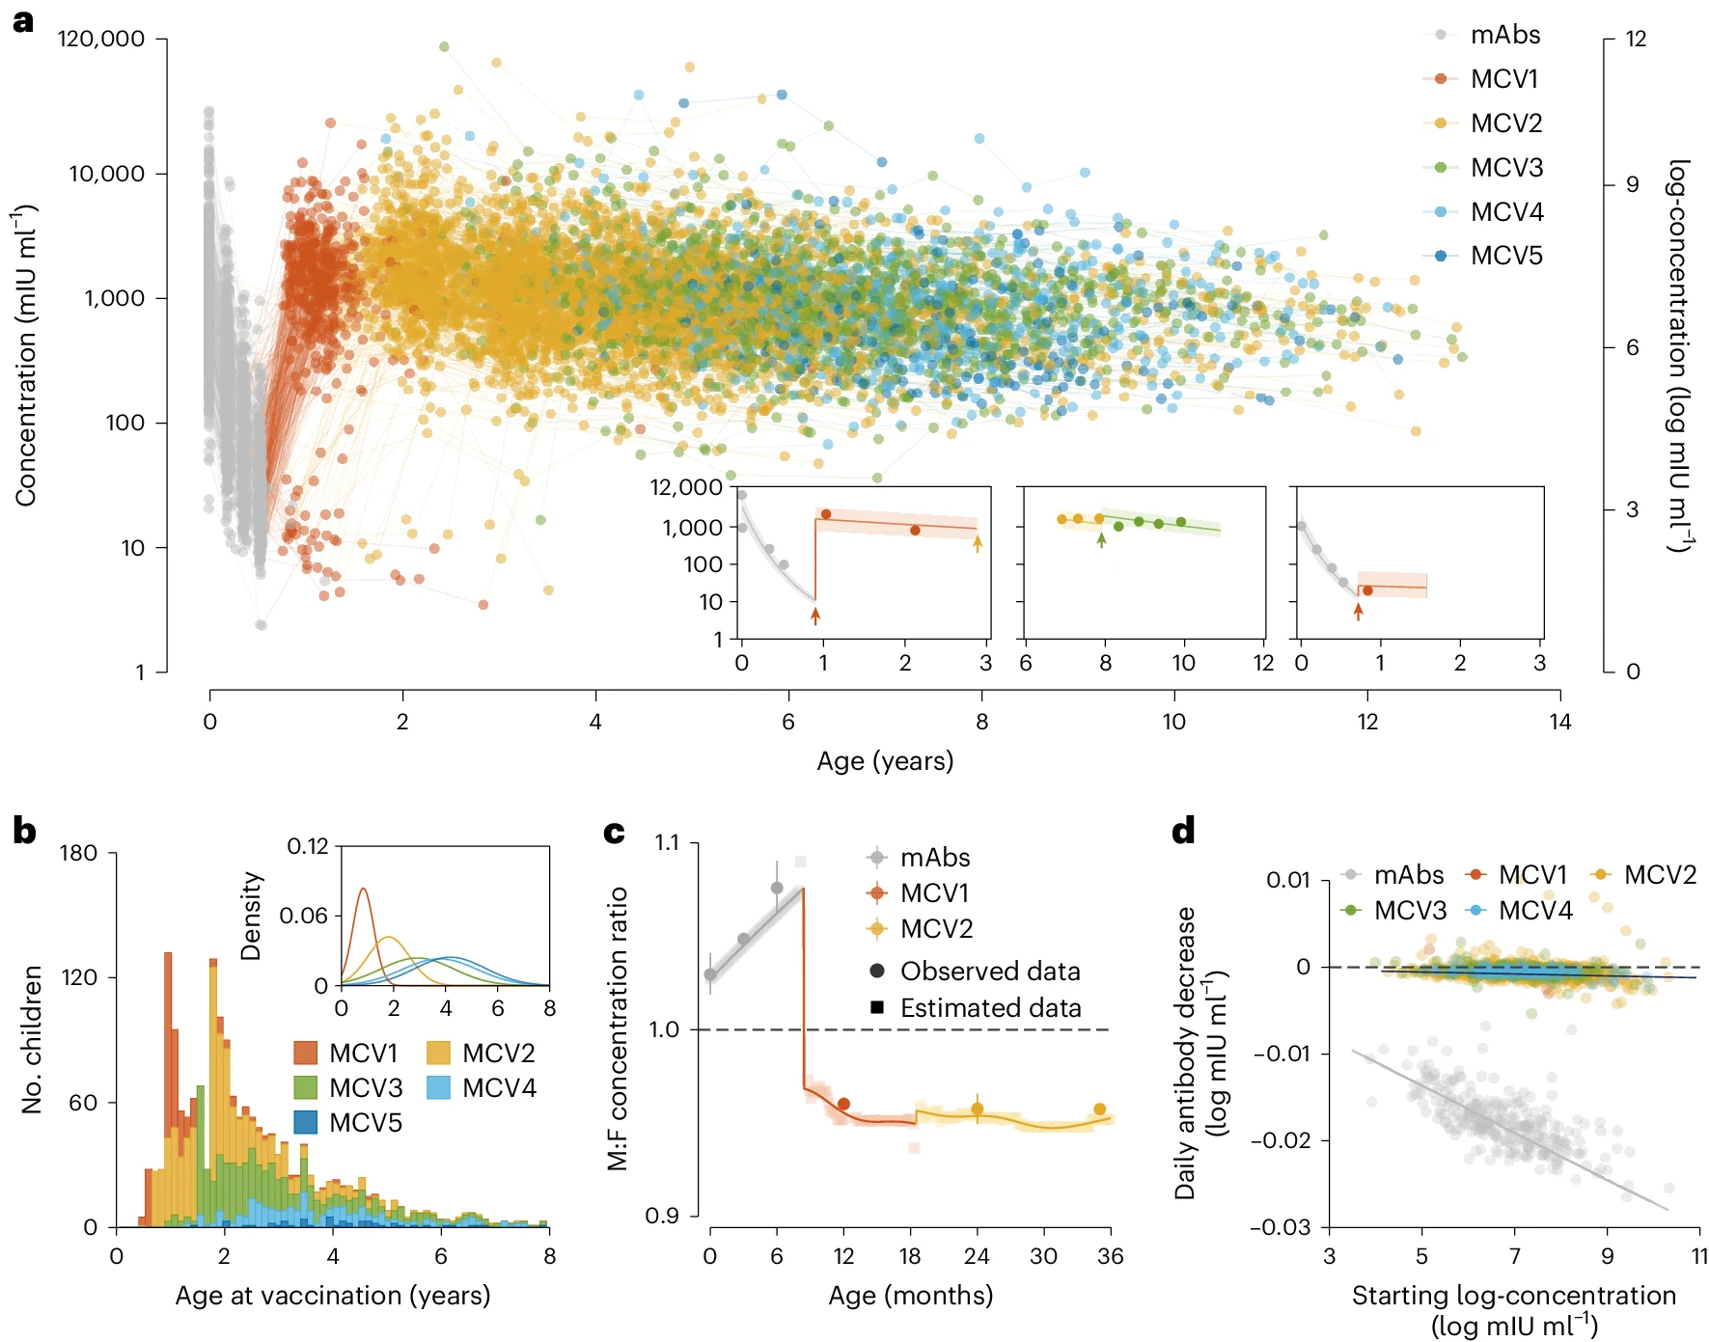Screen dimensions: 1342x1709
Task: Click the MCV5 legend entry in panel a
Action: (x=1505, y=256)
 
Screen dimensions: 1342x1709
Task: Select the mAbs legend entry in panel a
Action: (x=1504, y=35)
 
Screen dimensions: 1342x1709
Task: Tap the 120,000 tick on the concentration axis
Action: (x=101, y=39)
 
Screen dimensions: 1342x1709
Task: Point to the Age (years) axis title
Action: (x=885, y=761)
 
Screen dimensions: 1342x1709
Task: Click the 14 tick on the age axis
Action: (x=1559, y=722)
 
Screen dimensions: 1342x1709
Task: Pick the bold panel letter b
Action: (x=24, y=832)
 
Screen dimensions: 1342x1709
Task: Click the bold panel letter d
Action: (x=1183, y=832)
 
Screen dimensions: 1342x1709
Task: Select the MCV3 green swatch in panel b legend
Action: (x=306, y=1087)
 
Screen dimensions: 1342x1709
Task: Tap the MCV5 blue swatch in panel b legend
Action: (x=306, y=1122)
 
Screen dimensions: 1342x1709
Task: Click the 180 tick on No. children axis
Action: (x=78, y=853)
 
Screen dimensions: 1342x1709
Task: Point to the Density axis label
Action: (x=251, y=916)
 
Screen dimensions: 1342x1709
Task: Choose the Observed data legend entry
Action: (x=989, y=971)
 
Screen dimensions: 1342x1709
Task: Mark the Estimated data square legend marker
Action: (x=877, y=1007)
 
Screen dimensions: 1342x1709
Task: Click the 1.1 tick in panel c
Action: (x=667, y=843)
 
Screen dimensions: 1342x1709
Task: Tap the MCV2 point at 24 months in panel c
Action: (x=977, y=1109)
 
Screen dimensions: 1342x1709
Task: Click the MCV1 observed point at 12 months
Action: (x=843, y=1104)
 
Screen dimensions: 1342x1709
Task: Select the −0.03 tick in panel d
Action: (x=1282, y=1227)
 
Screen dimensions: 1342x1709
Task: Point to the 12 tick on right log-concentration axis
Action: (x=1636, y=39)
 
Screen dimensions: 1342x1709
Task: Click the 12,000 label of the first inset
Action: (x=686, y=487)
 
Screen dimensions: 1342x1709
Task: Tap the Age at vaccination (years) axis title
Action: (x=333, y=1295)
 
